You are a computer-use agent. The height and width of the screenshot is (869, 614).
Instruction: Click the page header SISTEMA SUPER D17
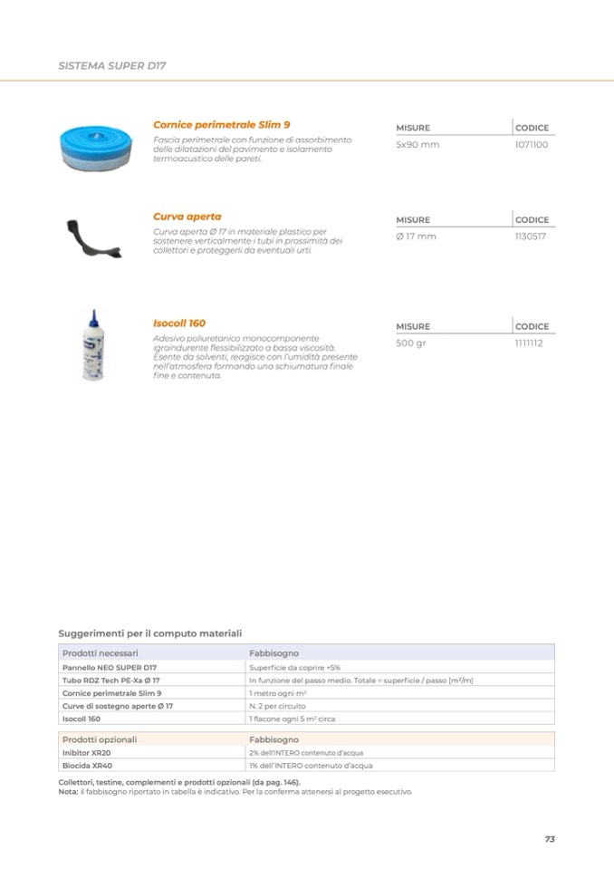[112, 66]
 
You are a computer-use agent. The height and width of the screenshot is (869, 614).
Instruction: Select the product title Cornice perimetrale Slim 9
[221, 124]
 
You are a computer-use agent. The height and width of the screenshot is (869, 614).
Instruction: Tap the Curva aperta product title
[187, 217]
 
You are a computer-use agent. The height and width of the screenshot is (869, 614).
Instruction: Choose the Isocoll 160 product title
[179, 323]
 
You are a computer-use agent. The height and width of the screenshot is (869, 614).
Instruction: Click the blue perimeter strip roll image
[97, 144]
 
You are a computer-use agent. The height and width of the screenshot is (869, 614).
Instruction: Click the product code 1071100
[532, 145]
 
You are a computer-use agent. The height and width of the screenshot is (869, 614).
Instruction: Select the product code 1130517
[531, 237]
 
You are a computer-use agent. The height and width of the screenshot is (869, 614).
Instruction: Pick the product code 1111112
[529, 343]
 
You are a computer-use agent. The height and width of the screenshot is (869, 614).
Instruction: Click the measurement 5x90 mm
[417, 145]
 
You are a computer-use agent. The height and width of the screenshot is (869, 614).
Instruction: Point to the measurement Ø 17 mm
[416, 237]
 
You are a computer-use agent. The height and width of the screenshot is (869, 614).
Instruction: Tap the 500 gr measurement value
[411, 343]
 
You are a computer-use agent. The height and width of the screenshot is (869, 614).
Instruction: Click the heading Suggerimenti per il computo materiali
[149, 633]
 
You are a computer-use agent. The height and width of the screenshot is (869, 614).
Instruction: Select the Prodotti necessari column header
[101, 652]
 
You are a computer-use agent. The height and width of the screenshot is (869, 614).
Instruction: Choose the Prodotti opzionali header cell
[100, 739]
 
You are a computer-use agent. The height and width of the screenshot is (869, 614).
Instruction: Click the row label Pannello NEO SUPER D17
[110, 666]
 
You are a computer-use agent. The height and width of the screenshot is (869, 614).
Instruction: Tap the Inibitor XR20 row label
[87, 752]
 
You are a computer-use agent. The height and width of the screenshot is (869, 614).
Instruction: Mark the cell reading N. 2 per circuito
[277, 705]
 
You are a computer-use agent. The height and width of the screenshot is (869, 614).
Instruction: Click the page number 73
[550, 839]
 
